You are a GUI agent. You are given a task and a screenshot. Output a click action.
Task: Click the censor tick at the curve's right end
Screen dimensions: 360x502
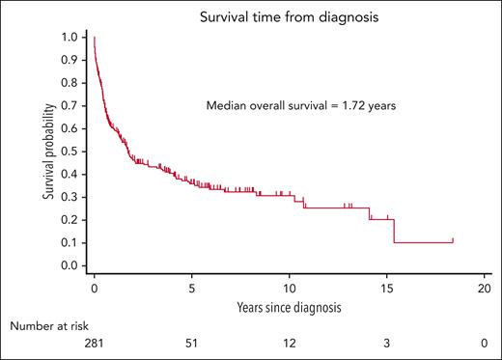click(453, 239)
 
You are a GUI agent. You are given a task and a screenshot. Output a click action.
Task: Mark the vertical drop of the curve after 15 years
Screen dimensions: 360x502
click(394, 232)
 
